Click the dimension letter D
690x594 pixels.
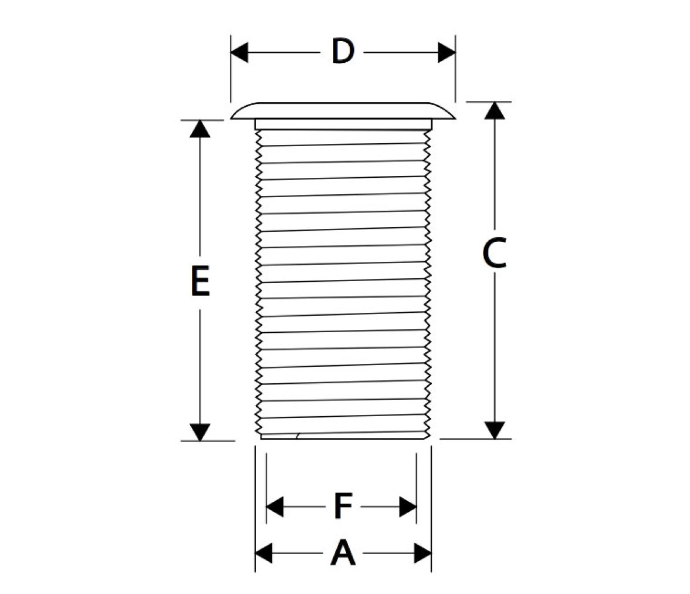[x=343, y=52]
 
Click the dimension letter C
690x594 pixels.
[x=494, y=253]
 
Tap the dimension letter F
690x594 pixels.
[x=343, y=506]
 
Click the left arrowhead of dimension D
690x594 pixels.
[x=239, y=53]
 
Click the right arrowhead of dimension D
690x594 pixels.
[x=447, y=53]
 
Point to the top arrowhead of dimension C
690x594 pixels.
[x=495, y=110]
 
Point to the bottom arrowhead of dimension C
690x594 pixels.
[x=495, y=430]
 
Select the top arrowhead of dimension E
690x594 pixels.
[x=199, y=129]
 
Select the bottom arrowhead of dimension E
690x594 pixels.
[x=199, y=433]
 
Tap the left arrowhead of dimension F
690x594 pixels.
[x=275, y=507]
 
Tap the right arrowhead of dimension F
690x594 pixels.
[x=408, y=507]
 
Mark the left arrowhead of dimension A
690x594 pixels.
[x=263, y=553]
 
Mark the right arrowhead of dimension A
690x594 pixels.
[x=423, y=553]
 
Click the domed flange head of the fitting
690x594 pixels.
[x=343, y=110]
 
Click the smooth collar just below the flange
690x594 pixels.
[x=343, y=124]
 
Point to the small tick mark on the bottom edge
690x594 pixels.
[x=298, y=436]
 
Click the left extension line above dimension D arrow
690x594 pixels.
[x=231, y=69]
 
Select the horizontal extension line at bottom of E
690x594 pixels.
[x=208, y=440]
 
